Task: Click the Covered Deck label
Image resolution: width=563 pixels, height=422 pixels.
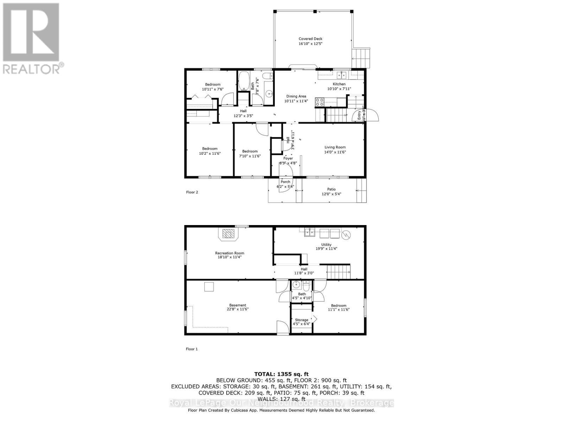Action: click(310, 39)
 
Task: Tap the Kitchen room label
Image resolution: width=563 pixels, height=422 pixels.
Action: click(339, 84)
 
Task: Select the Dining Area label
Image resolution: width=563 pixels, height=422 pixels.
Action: click(296, 96)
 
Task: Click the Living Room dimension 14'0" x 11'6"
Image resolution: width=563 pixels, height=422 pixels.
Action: click(335, 152)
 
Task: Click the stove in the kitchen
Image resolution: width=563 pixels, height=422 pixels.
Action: click(320, 102)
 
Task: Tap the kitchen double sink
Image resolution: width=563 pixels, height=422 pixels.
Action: click(341, 75)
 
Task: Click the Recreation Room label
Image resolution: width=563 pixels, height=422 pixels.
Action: click(229, 253)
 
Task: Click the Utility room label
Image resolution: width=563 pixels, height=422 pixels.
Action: click(326, 245)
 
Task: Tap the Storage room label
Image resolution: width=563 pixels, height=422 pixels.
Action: click(302, 320)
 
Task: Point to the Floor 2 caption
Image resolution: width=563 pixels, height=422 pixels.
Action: click(192, 192)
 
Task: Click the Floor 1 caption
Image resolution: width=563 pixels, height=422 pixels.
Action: click(192, 349)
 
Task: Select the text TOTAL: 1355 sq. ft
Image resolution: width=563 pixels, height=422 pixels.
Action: click(281, 374)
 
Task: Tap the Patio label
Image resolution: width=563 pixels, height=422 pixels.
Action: click(331, 189)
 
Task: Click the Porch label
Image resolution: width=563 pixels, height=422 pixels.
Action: click(285, 182)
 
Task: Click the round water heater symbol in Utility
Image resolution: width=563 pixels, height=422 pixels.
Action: click(347, 234)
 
